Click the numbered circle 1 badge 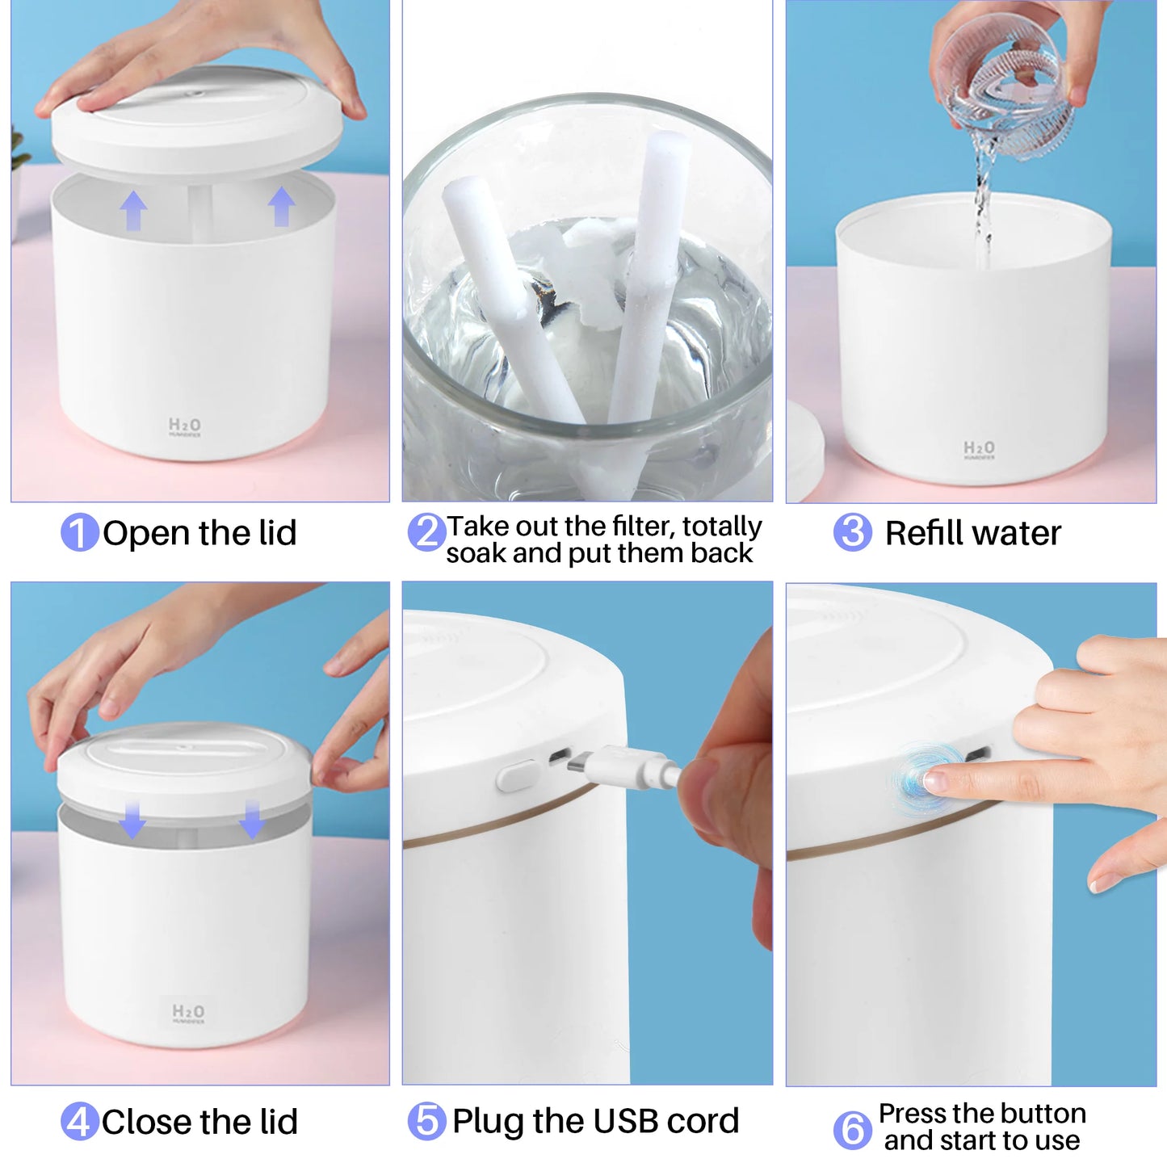click(x=79, y=533)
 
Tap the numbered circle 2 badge click(x=426, y=533)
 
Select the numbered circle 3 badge click(x=852, y=533)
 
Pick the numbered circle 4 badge click(x=79, y=1122)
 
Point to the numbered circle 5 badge click(x=426, y=1121)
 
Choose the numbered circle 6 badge click(x=852, y=1129)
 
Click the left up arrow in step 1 click(x=133, y=211)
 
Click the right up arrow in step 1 click(x=281, y=207)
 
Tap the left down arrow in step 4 click(x=132, y=820)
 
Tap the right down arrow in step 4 click(x=252, y=819)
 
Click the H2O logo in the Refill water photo click(x=979, y=449)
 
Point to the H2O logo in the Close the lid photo click(x=188, y=1013)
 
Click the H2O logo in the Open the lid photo click(x=185, y=426)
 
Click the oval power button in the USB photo click(x=517, y=776)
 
